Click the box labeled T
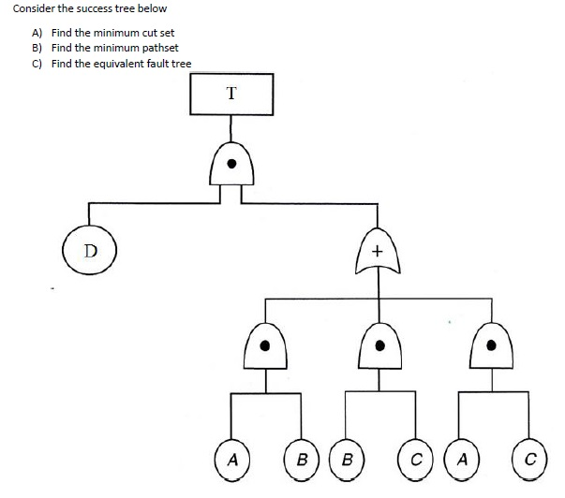point(231,93)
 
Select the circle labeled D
point(89,250)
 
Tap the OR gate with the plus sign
point(378,251)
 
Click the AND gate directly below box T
point(231,166)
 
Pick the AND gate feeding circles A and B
point(266,346)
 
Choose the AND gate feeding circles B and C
point(379,346)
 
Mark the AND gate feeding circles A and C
point(491,346)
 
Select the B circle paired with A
point(301,460)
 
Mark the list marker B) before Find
point(37,48)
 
